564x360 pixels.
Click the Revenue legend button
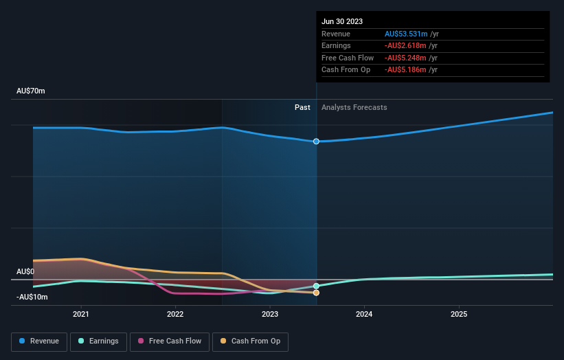coord(39,341)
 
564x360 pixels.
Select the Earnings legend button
coord(98,341)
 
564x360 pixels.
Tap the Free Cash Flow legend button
coord(169,341)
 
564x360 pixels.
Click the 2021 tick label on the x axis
coord(81,314)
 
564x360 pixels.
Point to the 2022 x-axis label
coord(175,314)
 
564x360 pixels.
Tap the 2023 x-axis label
coord(270,314)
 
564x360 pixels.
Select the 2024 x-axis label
coord(364,314)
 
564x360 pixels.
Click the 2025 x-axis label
coord(459,314)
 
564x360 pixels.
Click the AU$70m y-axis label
coord(31,91)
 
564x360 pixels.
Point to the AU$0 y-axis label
coord(25,272)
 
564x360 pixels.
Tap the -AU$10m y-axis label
coord(32,297)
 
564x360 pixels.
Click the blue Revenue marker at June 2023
coord(316,142)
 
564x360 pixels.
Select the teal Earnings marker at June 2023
coord(316,286)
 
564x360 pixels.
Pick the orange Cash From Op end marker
coord(316,293)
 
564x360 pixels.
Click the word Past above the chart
coord(302,107)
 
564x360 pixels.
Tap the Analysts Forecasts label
coord(354,107)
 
